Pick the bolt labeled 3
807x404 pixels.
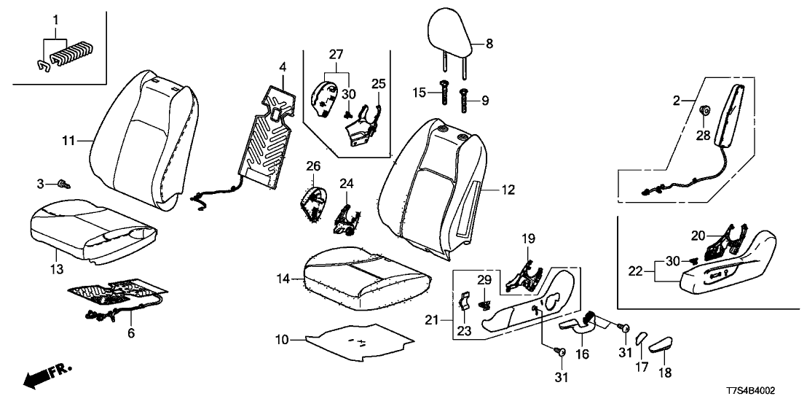[x=63, y=182]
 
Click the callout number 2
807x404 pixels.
[x=677, y=101]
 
